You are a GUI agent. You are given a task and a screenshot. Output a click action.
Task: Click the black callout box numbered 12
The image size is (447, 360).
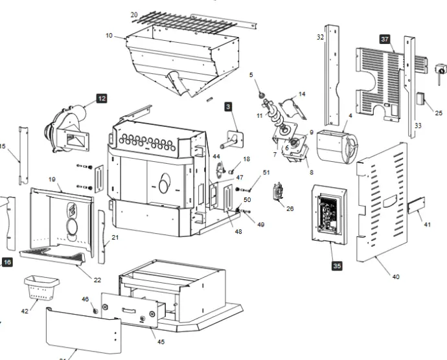click(102, 98)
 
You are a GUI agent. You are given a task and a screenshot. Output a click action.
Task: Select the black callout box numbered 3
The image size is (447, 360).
click(228, 106)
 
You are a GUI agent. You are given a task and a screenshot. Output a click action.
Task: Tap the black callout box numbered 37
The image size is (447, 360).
click(385, 40)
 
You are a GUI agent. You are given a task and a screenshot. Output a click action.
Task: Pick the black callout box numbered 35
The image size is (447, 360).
click(337, 265)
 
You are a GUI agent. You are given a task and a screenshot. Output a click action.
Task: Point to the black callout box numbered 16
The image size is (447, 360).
click(7, 262)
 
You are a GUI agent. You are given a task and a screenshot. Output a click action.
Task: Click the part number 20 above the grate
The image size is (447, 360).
click(134, 14)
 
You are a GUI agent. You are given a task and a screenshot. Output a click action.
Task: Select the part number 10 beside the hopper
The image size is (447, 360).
click(109, 35)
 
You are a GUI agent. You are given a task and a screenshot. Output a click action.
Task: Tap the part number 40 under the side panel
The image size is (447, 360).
click(396, 276)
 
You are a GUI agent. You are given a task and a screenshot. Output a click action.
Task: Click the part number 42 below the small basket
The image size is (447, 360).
click(25, 311)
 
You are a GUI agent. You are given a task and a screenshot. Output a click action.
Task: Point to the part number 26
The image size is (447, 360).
click(290, 208)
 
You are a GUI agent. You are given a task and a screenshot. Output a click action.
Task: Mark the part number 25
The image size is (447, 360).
click(439, 113)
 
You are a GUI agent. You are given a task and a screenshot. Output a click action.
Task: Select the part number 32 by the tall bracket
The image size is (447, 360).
click(320, 38)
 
